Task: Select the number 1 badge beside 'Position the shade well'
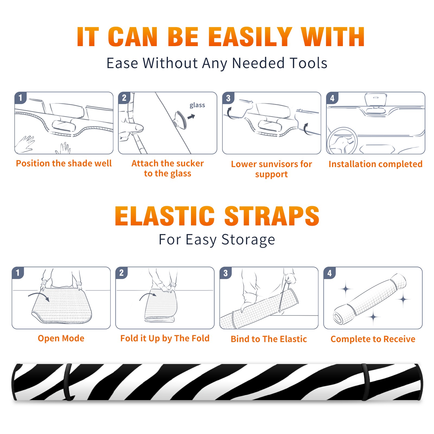click(x=21, y=98)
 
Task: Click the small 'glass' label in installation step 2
click(x=197, y=105)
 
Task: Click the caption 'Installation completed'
click(x=375, y=164)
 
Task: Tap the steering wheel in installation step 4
click(x=342, y=141)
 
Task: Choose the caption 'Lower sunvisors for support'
click(x=271, y=169)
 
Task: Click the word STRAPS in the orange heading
click(x=272, y=216)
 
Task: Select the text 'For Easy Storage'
click(x=217, y=240)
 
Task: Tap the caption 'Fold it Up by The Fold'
click(x=165, y=338)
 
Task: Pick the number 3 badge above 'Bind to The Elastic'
click(x=226, y=273)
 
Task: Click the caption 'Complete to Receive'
click(x=373, y=339)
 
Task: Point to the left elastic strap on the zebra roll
click(x=67, y=382)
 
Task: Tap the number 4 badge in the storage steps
click(x=330, y=273)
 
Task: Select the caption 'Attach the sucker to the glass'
click(x=168, y=168)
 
